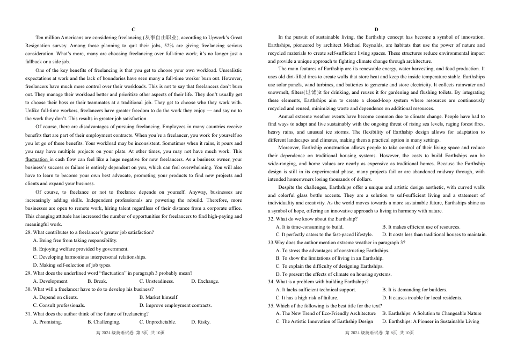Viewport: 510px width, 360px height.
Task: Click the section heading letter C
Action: click(133, 29)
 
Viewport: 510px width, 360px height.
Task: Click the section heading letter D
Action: click(376, 29)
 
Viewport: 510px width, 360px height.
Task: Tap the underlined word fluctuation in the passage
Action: click(37, 159)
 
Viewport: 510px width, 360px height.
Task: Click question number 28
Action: click(28, 232)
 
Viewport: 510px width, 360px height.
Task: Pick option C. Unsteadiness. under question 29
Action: click(156, 281)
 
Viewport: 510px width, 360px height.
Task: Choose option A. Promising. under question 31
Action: click(47, 322)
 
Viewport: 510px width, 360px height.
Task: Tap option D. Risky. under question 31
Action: click(201, 322)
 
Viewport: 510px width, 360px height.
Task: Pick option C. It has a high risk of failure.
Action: click(307, 298)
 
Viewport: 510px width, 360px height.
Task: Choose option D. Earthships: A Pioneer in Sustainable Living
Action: click(431, 321)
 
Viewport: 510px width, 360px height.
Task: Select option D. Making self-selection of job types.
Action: click(72, 265)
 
